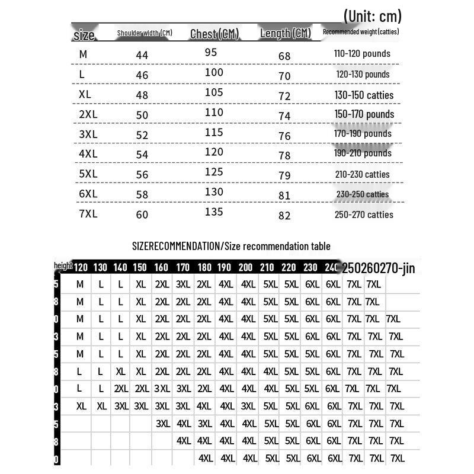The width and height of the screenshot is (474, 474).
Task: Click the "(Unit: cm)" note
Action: click(371, 16)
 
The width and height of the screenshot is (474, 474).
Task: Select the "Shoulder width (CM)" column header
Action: click(145, 33)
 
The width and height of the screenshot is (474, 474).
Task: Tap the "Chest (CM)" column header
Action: click(214, 34)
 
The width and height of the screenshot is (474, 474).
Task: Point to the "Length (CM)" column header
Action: click(286, 33)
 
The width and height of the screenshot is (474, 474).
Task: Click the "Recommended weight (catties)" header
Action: click(361, 31)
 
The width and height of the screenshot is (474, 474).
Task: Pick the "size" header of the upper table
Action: click(84, 36)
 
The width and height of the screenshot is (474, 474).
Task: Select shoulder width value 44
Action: click(142, 55)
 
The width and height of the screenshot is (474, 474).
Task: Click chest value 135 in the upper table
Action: click(213, 212)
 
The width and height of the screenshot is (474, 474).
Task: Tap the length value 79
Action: click(285, 175)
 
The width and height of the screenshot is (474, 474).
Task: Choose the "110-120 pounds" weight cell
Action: click(362, 53)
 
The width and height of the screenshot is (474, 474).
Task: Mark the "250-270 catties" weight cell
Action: click(364, 214)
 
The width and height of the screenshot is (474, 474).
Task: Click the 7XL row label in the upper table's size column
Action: click(88, 213)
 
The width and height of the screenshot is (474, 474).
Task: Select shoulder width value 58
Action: click(142, 195)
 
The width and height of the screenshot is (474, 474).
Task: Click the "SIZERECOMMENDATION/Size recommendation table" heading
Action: click(231, 246)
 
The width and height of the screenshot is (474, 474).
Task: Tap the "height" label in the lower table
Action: click(63, 266)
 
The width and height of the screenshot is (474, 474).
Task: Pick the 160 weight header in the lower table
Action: click(161, 268)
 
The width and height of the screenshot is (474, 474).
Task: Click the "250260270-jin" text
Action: click(379, 268)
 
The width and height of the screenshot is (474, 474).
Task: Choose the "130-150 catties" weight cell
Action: click(364, 95)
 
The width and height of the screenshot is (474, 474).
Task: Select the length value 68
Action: click(284, 56)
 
